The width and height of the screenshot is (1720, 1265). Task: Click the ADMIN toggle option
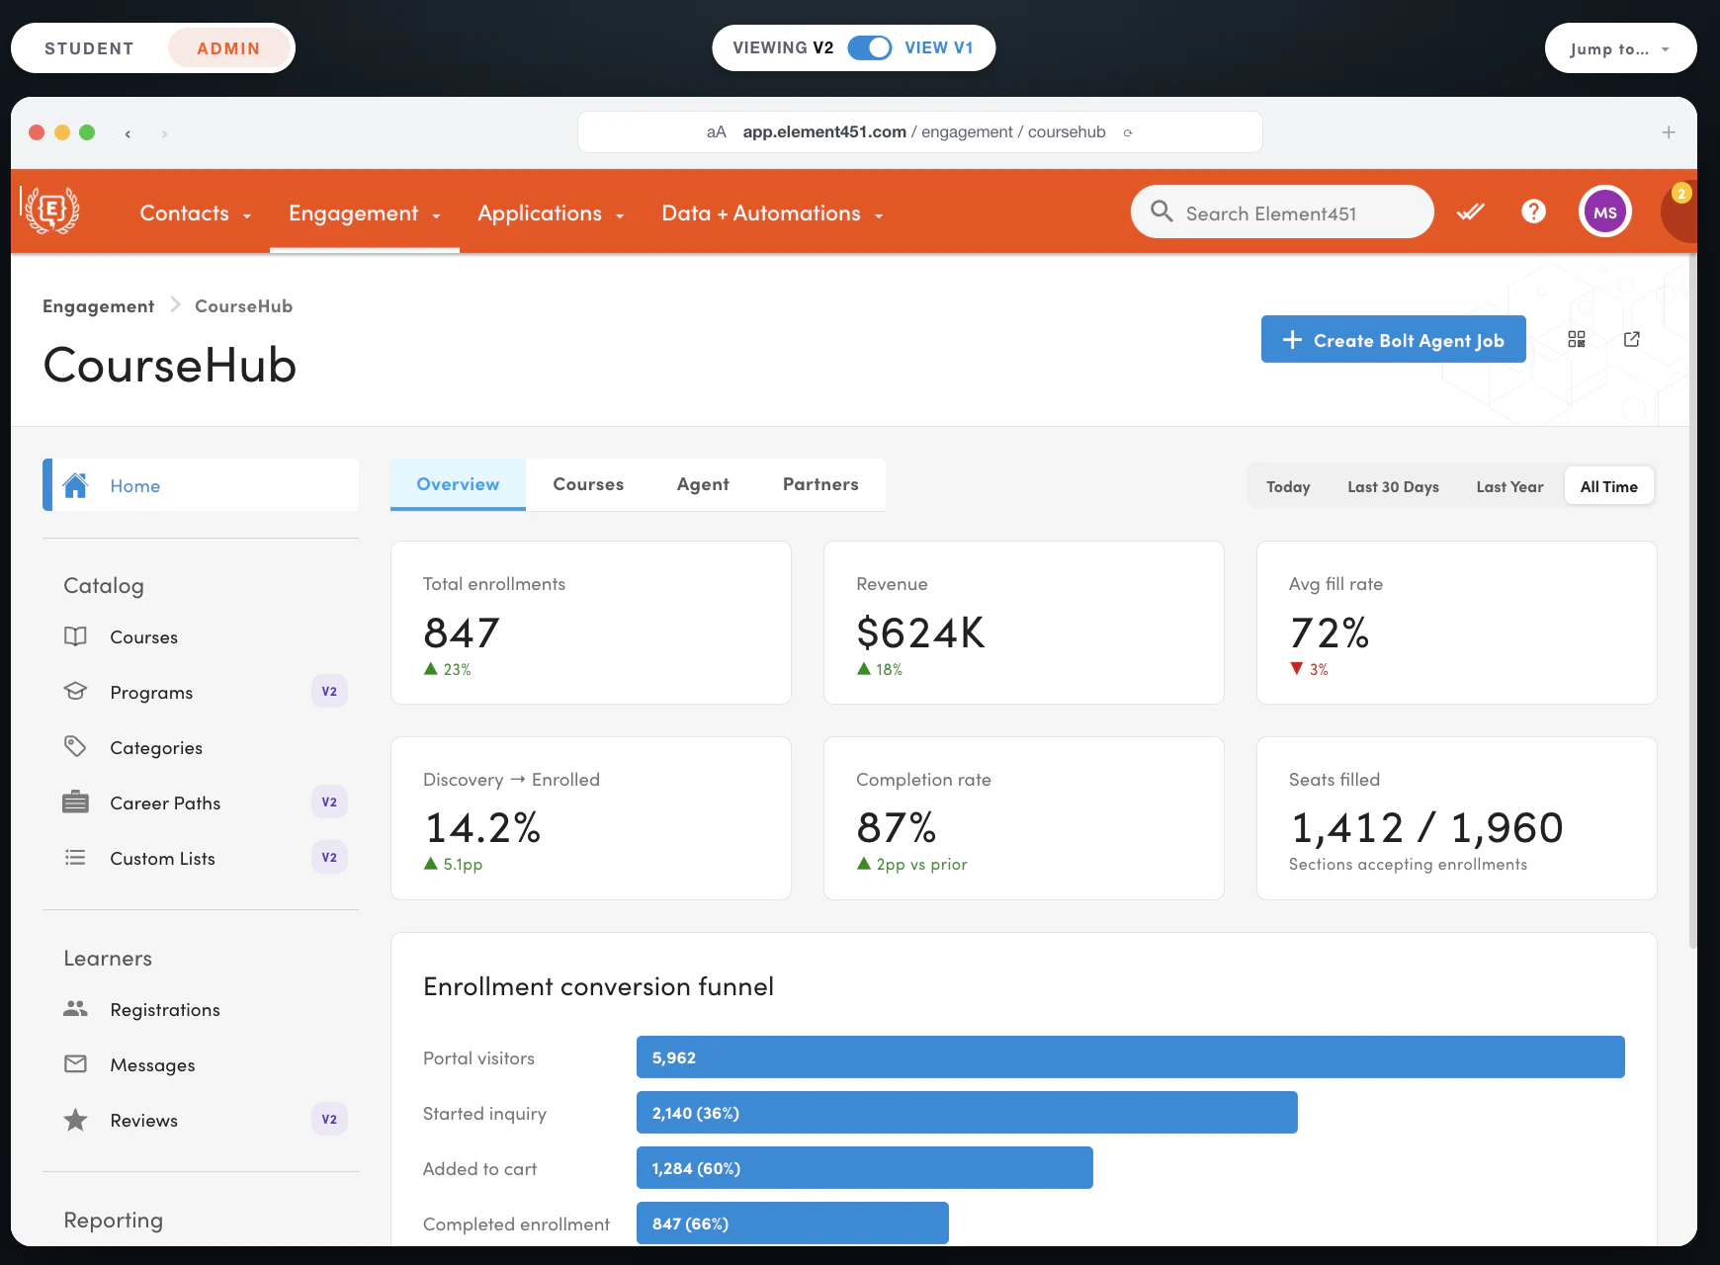229,48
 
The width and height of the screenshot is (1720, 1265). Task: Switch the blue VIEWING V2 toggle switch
870,47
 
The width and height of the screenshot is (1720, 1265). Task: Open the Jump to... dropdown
1620,48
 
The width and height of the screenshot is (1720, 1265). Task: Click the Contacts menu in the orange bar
195,213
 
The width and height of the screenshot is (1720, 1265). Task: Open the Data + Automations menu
772,213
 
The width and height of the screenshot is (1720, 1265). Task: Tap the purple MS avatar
1605,211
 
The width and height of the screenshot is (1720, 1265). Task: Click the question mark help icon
1533,211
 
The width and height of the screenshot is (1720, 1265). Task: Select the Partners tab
820,484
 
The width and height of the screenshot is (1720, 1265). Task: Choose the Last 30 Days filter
1393,486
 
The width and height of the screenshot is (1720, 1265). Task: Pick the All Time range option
1608,486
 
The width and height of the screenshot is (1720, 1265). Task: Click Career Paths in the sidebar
165,803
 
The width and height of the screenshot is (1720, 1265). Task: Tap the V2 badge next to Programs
329,692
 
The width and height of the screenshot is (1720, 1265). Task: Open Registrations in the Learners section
165,1010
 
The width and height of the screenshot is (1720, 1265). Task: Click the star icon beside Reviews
75,1120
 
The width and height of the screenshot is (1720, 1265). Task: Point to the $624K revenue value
920,632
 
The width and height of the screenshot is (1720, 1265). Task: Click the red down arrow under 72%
1297,669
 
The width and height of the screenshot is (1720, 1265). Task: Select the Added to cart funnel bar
865,1168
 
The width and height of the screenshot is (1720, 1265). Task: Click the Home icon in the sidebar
75,485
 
